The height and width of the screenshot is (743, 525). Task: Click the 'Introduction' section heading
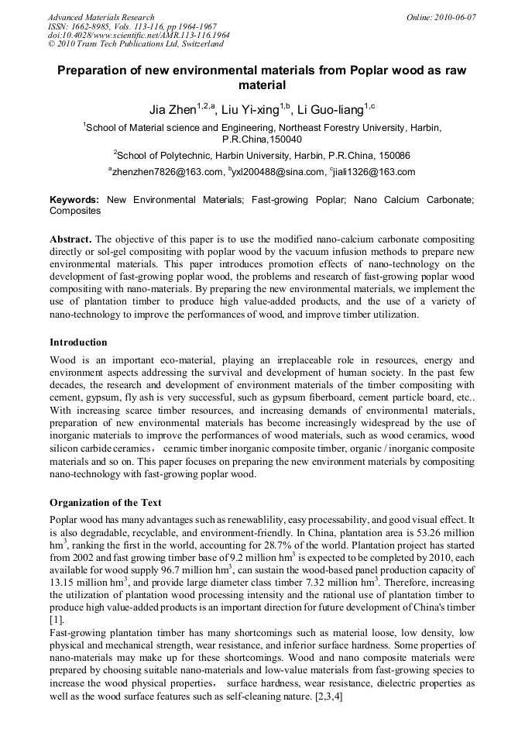click(x=78, y=342)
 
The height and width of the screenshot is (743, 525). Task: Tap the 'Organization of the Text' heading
click(x=105, y=502)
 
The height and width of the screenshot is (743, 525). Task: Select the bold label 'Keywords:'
click(x=74, y=200)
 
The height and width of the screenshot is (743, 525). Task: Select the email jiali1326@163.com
click(x=375, y=172)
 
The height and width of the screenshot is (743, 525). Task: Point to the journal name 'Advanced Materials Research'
click(x=101, y=17)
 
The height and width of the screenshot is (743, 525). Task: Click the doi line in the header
click(x=139, y=36)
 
